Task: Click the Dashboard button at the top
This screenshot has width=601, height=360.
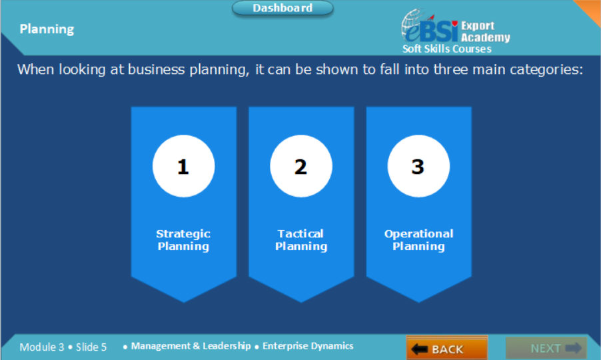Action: pos(283,9)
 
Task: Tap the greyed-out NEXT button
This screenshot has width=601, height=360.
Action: pos(546,348)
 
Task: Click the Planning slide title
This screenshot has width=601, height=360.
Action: pos(47,29)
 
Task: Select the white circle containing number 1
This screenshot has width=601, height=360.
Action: pos(183,167)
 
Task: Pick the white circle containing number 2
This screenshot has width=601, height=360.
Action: pos(300,167)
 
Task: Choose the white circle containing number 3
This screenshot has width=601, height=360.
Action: pos(418,167)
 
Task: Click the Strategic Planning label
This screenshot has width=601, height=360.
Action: pos(183,240)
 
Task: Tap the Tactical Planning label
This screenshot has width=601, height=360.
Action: pos(301,240)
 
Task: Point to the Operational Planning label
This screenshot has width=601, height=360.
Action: pos(418,240)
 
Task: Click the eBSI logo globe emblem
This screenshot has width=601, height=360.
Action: pos(416,25)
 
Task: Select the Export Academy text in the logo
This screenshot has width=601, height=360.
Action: pos(484,31)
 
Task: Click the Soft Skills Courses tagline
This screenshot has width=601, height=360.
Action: pos(447,49)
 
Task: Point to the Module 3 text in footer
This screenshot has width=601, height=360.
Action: pos(42,347)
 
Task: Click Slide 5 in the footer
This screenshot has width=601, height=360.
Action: pos(91,347)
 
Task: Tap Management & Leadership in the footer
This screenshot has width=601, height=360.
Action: pos(191,346)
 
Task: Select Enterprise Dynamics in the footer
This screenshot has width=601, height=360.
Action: pos(308,346)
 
